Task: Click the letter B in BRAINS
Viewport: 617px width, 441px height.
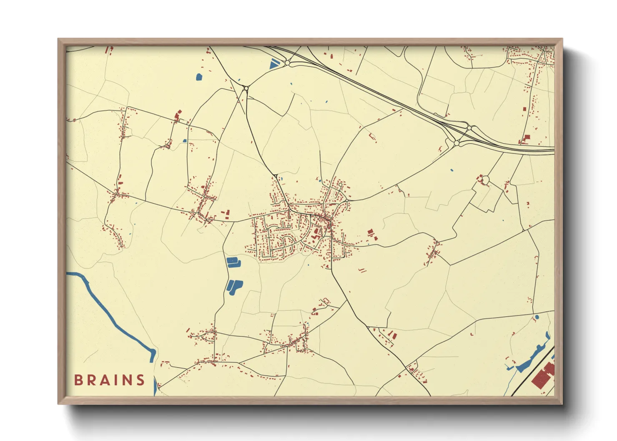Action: (78, 380)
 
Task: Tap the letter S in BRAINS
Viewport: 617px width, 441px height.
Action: (140, 380)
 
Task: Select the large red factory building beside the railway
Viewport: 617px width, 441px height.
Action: (543, 375)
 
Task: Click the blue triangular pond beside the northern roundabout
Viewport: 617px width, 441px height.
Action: (273, 64)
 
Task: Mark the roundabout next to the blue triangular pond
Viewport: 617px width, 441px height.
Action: (288, 63)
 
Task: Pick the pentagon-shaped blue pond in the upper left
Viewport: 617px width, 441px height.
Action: (199, 77)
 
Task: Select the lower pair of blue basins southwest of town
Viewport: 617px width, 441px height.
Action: (234, 287)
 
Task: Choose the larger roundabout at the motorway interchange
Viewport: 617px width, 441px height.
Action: (456, 143)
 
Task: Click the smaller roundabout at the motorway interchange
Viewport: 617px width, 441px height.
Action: (469, 128)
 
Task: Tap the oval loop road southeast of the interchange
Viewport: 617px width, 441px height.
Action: (485, 180)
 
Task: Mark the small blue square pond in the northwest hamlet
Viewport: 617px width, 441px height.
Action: (184, 141)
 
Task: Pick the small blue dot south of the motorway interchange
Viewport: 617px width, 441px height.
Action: (452, 170)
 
